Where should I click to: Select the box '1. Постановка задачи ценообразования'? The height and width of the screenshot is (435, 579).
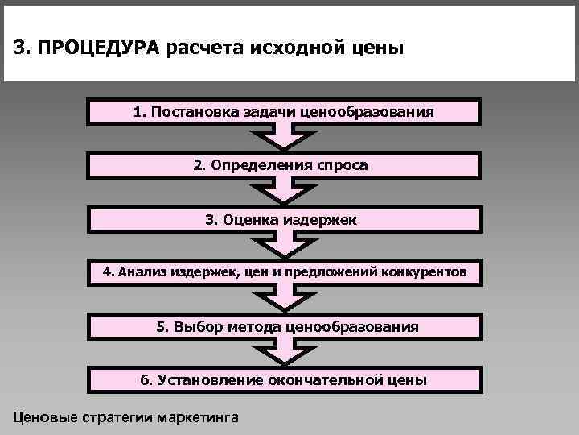click(285, 112)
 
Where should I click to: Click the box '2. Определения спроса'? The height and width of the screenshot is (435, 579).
click(285, 165)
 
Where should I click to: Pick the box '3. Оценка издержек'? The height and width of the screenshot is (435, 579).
click(285, 219)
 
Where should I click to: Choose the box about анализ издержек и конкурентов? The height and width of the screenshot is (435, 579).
click(285, 272)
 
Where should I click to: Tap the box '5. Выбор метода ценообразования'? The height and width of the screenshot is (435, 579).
click(285, 326)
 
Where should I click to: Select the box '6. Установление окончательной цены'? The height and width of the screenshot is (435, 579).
click(285, 379)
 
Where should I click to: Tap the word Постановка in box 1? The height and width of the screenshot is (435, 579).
click(186, 112)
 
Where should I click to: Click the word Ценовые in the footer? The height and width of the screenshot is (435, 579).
click(43, 417)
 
